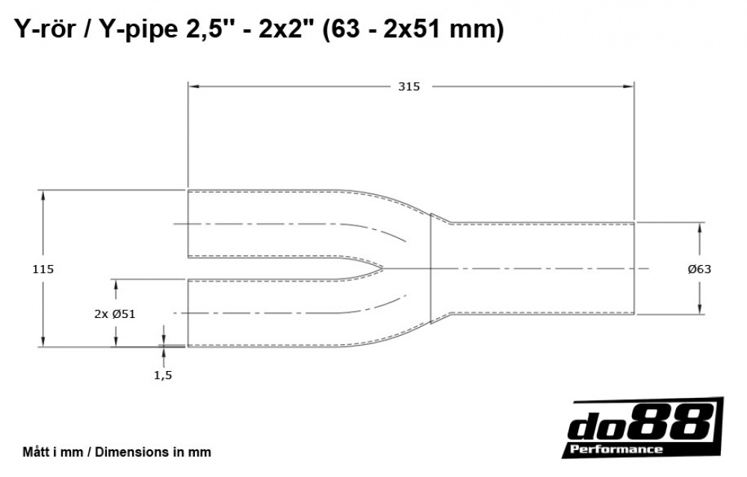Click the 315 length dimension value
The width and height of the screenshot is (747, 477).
409,87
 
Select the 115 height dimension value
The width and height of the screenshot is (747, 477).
43,269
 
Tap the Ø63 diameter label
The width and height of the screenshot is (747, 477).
699,269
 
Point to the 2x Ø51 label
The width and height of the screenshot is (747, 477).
114,314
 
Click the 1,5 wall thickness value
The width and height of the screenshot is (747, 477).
163,375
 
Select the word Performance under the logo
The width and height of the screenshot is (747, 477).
616,449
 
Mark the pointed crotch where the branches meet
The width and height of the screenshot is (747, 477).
384,268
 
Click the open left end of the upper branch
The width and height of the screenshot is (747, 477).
187,224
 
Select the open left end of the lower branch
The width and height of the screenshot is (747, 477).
187,313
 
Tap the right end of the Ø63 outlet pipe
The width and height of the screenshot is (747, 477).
634,268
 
